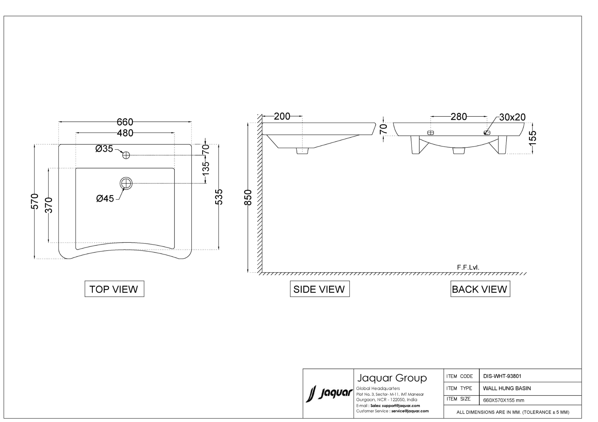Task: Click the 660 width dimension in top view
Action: [125, 122]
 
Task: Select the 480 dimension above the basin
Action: [125, 133]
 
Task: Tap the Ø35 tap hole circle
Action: [126, 155]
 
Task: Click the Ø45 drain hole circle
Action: [126, 183]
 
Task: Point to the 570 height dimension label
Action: [35, 201]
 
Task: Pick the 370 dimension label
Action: [49, 205]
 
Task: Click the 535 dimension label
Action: [219, 197]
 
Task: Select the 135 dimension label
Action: [206, 168]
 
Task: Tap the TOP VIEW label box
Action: [114, 289]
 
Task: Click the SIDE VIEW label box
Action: [320, 289]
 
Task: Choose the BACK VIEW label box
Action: [480, 289]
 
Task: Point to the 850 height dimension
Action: [248, 197]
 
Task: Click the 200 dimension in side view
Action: [282, 116]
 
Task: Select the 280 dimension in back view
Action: [459, 117]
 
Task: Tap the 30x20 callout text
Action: [512, 117]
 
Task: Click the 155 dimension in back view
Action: [533, 138]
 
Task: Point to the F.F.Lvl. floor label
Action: [468, 267]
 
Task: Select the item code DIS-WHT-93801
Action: [502, 376]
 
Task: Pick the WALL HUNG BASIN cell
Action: [507, 388]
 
